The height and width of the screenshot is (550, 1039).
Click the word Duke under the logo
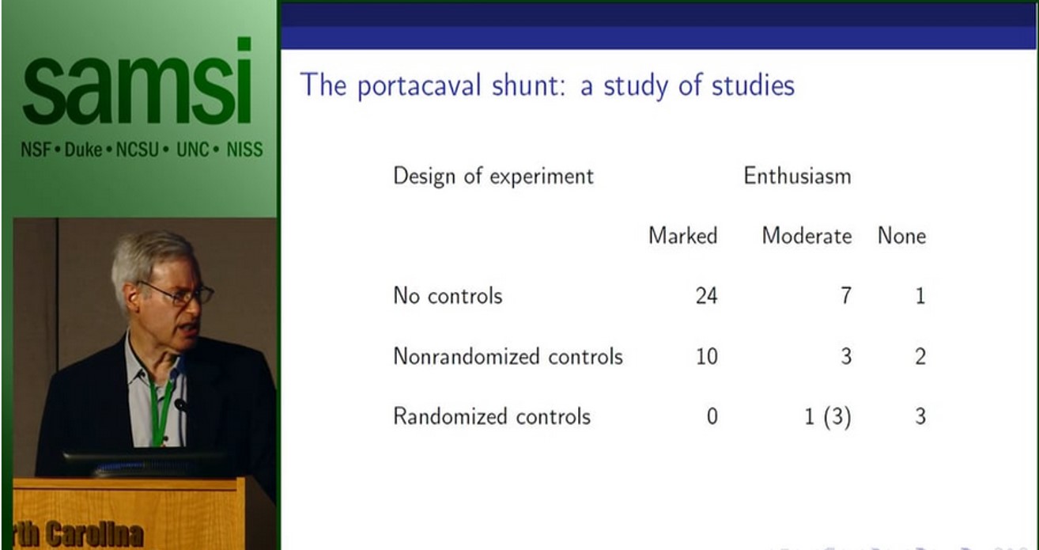tap(83, 150)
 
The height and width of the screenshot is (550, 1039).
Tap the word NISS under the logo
tap(244, 150)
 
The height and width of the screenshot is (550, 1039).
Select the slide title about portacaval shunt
tap(547, 85)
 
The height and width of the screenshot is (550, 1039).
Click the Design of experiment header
tap(493, 176)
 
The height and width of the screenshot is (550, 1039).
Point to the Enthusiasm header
tap(797, 176)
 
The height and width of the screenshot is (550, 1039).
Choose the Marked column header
tap(682, 236)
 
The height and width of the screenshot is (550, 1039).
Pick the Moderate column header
tap(807, 236)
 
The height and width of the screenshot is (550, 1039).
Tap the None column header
tap(901, 236)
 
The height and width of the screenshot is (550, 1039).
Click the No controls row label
tap(448, 296)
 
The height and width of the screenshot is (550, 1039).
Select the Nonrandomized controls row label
tap(508, 356)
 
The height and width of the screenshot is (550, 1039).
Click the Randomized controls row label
tap(491, 416)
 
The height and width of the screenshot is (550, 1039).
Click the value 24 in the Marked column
tap(705, 296)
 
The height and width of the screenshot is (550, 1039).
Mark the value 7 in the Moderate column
tap(845, 296)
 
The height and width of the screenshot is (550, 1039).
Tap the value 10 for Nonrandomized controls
tap(705, 356)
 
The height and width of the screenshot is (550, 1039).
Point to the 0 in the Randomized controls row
tap(712, 416)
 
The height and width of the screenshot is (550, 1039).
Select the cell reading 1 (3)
tap(827, 417)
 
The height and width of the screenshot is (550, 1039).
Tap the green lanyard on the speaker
tap(161, 412)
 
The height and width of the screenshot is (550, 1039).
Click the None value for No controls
tap(920, 296)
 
